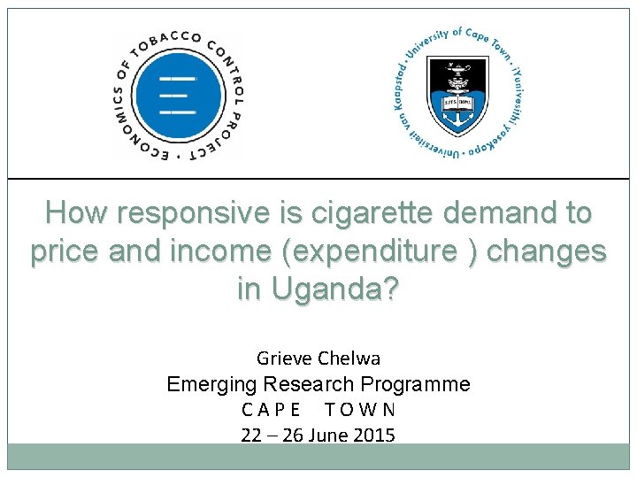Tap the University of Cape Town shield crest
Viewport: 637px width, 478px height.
[457, 95]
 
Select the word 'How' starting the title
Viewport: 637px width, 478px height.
[76, 213]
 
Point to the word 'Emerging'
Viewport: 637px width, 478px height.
[210, 384]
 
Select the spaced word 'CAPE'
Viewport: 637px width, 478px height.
[270, 410]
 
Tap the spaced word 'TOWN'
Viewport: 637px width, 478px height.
[360, 410]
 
